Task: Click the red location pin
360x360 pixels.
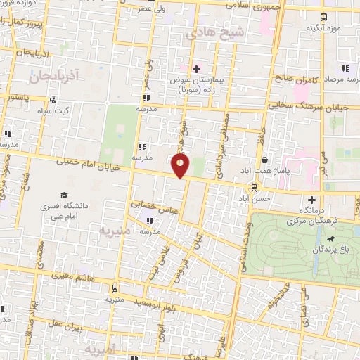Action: [181, 166]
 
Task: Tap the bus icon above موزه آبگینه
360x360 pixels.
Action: [323, 17]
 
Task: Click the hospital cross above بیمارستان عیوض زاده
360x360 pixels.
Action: [196, 69]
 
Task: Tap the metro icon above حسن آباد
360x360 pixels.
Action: [253, 188]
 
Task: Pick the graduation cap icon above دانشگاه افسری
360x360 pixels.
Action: [64, 195]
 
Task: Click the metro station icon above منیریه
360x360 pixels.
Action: [113, 288]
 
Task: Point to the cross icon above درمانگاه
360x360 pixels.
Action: [311, 199]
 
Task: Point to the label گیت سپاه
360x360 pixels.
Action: [53, 111]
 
